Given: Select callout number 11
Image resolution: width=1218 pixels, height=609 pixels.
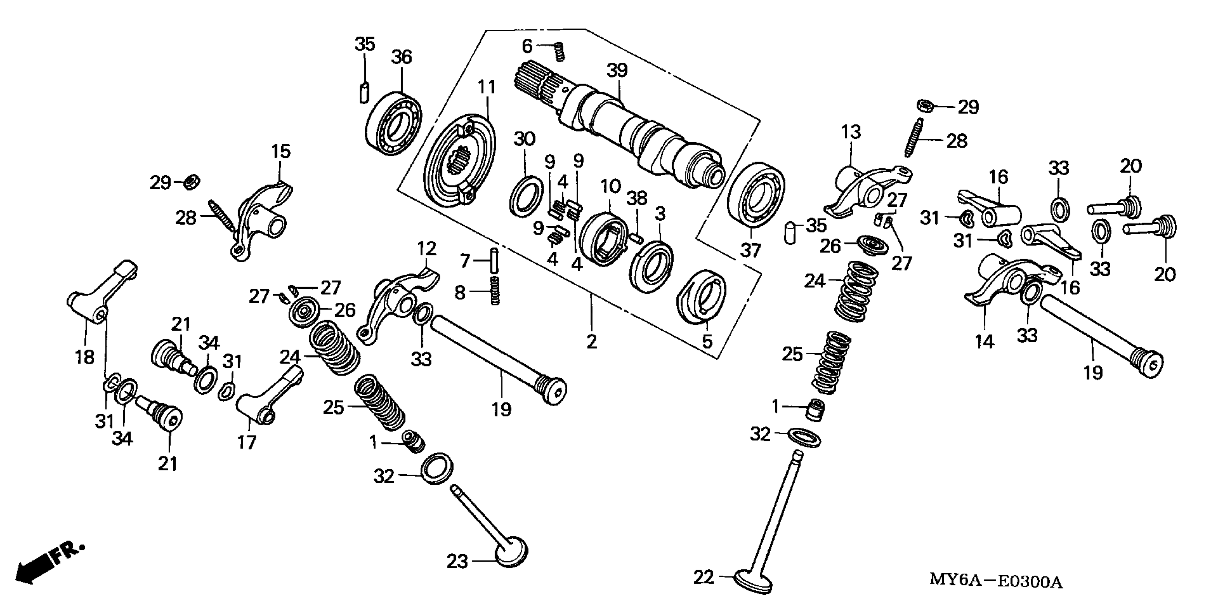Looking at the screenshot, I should click(x=486, y=87).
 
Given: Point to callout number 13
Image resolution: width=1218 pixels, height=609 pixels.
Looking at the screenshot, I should click(x=851, y=132).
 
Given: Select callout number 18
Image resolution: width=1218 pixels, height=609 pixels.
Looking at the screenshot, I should click(x=84, y=357).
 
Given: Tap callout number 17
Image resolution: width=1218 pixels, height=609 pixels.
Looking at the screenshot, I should click(x=246, y=442).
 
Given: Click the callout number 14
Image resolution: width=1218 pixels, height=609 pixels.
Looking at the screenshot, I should click(x=984, y=341).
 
